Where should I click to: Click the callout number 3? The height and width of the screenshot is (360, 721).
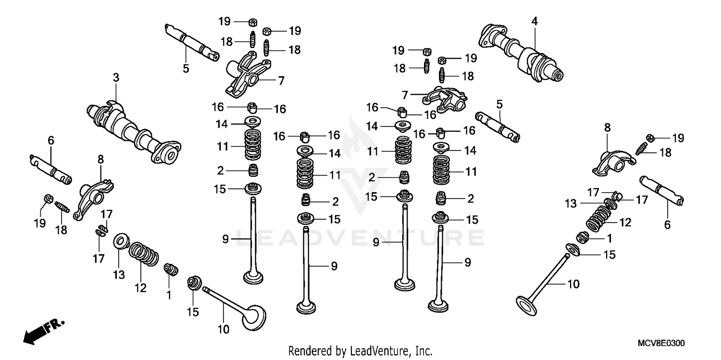[x=115, y=77]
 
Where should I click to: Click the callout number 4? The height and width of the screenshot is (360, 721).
[x=534, y=21]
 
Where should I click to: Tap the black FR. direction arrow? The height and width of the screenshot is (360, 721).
[x=36, y=332]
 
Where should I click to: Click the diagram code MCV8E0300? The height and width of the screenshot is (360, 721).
[x=661, y=343]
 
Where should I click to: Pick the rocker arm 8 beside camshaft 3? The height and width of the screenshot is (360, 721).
[x=93, y=197]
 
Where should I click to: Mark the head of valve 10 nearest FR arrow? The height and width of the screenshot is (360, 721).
[x=254, y=318]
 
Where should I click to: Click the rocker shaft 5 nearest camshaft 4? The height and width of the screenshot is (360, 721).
[x=498, y=127]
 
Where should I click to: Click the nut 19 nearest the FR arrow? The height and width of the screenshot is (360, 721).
[x=48, y=199]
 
